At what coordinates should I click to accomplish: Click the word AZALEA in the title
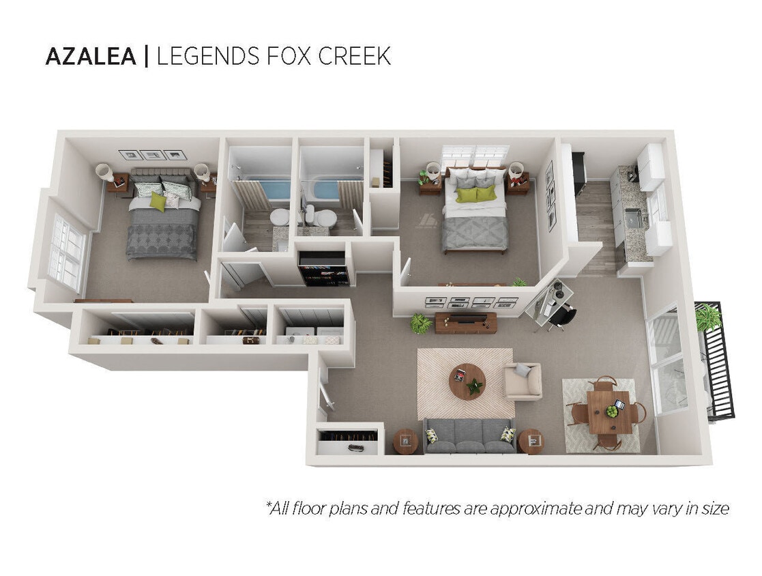point(91,57)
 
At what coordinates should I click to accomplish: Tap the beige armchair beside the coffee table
point(523,381)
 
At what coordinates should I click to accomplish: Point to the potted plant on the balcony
point(708,317)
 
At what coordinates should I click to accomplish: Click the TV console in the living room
point(466,323)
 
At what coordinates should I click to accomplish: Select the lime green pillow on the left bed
point(158,201)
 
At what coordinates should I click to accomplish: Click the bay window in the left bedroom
point(66,252)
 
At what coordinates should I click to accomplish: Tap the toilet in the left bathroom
point(279,218)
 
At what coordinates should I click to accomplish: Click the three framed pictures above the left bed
point(152,155)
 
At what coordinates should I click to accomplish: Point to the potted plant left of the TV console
point(420,323)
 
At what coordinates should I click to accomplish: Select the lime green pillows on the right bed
point(476,195)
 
